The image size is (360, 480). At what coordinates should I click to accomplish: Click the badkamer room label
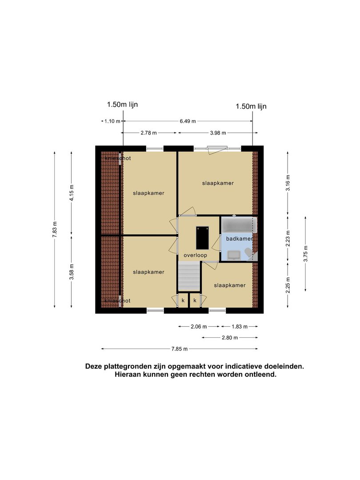click(x=240, y=239)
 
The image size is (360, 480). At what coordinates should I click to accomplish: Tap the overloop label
click(x=195, y=255)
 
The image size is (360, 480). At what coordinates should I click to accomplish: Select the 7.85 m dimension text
click(x=180, y=349)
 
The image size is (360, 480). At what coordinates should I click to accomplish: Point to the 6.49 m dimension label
click(x=188, y=121)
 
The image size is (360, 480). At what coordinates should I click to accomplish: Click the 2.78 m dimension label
click(x=148, y=133)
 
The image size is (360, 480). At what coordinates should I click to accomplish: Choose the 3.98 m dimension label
click(x=218, y=133)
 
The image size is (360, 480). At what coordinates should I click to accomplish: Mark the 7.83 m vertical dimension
click(x=55, y=229)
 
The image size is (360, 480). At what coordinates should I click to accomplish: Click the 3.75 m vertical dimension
click(x=305, y=254)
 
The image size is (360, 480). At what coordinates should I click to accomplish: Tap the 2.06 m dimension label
click(x=199, y=327)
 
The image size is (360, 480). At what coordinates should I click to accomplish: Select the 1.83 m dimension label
click(x=240, y=327)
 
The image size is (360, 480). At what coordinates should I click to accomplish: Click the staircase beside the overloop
click(x=189, y=276)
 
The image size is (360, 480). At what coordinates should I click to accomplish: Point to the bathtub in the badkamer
click(x=239, y=225)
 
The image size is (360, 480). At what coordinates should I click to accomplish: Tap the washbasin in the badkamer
click(x=234, y=255)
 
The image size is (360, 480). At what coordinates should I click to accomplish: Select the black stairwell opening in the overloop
click(x=202, y=238)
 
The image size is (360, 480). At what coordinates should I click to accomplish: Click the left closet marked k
click(x=183, y=300)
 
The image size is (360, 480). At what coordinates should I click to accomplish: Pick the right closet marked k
click(x=195, y=300)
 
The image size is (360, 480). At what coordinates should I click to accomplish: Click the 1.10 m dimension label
click(x=112, y=121)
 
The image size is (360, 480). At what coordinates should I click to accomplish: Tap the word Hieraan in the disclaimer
click(x=126, y=374)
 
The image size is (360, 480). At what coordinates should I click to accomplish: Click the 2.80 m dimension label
click(x=230, y=338)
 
